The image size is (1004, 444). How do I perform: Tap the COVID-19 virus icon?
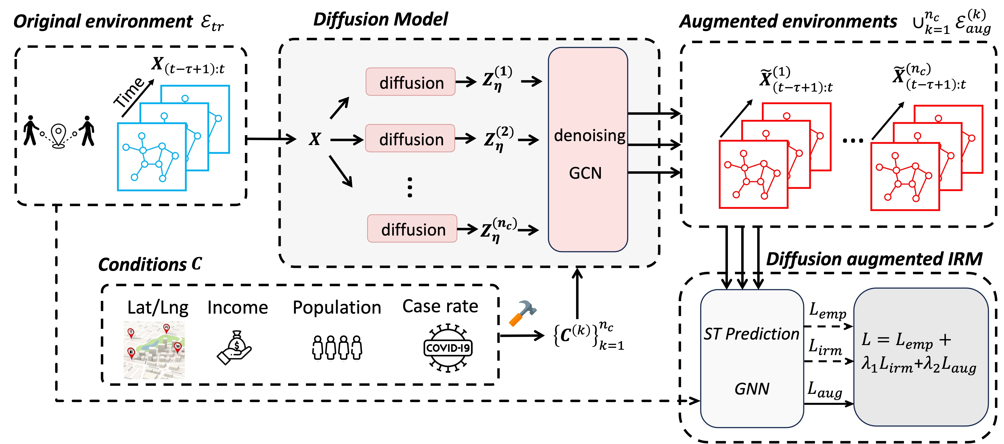pos(448,347)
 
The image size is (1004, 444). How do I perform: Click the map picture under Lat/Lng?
pos(154,350)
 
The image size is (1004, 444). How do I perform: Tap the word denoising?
pos(589,136)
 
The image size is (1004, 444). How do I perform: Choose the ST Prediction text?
pos(751,334)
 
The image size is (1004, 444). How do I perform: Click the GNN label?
pos(752,389)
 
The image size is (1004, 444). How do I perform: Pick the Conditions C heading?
pos(150,264)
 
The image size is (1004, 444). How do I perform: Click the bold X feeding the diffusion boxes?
pos(315,139)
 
